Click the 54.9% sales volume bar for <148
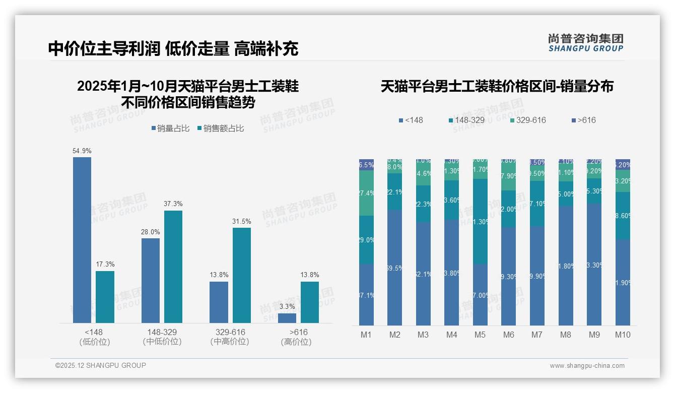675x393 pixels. tap(82, 240)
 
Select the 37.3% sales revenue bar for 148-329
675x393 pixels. tap(173, 267)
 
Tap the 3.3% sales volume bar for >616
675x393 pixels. tap(287, 318)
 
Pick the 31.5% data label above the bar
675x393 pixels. tap(242, 222)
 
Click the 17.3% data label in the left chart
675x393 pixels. tap(105, 265)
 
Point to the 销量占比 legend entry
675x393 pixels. tap(170, 128)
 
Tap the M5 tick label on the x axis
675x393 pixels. tap(480, 335)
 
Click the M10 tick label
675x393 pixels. tap(623, 335)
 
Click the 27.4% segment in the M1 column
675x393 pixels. tap(366, 193)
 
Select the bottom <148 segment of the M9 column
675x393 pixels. tap(594, 265)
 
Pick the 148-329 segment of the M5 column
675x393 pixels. tap(480, 222)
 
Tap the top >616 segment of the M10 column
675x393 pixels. tap(623, 164)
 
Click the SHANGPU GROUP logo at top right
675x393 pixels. tap(586, 43)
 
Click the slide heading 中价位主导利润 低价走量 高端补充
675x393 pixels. tap(173, 48)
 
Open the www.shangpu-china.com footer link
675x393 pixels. tap(587, 366)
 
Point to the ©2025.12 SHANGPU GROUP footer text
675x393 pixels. tap(101, 365)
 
